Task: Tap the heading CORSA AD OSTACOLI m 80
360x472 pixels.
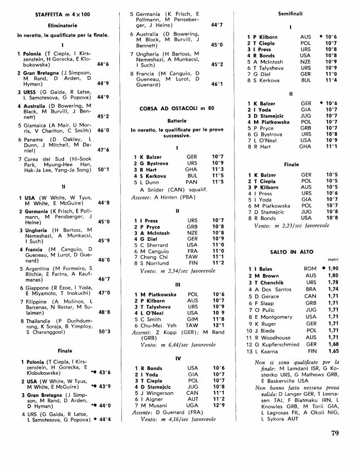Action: point(176,109)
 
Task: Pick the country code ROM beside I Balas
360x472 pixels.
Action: point(310,269)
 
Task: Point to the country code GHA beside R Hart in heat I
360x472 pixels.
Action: point(192,169)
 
